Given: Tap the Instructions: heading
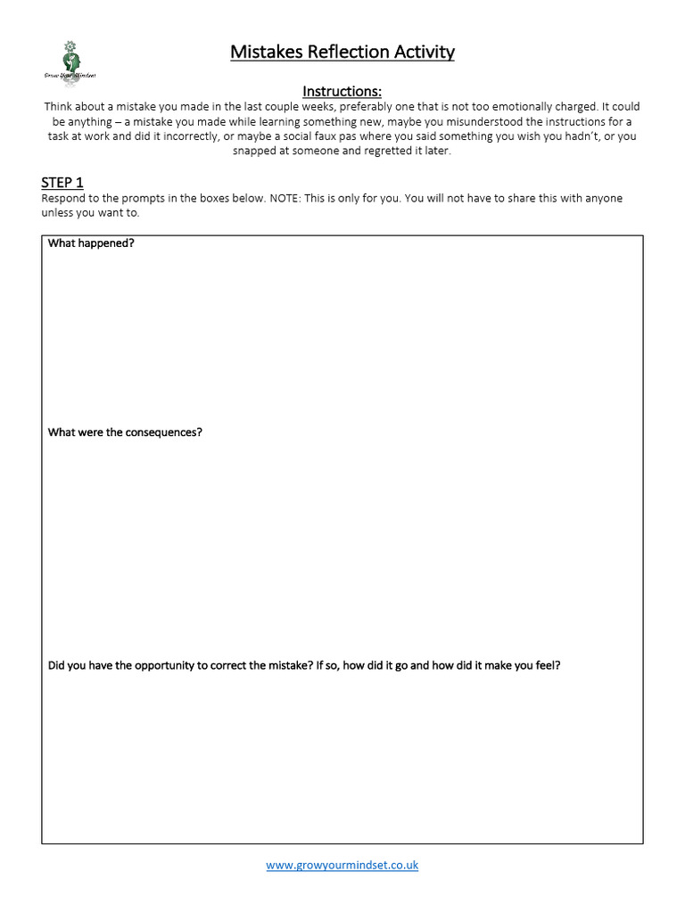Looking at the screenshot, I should coord(342,91).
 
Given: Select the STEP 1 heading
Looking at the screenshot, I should coord(62,183).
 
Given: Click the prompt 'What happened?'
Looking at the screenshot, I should coord(91,243).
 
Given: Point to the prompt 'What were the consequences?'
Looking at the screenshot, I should coord(125,432).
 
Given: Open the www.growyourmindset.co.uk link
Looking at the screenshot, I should coord(342,865).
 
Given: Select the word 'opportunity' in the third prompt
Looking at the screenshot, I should coord(172,665).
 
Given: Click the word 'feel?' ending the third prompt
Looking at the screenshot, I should coord(546,665).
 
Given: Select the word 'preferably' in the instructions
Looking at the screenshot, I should coord(357,106).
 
